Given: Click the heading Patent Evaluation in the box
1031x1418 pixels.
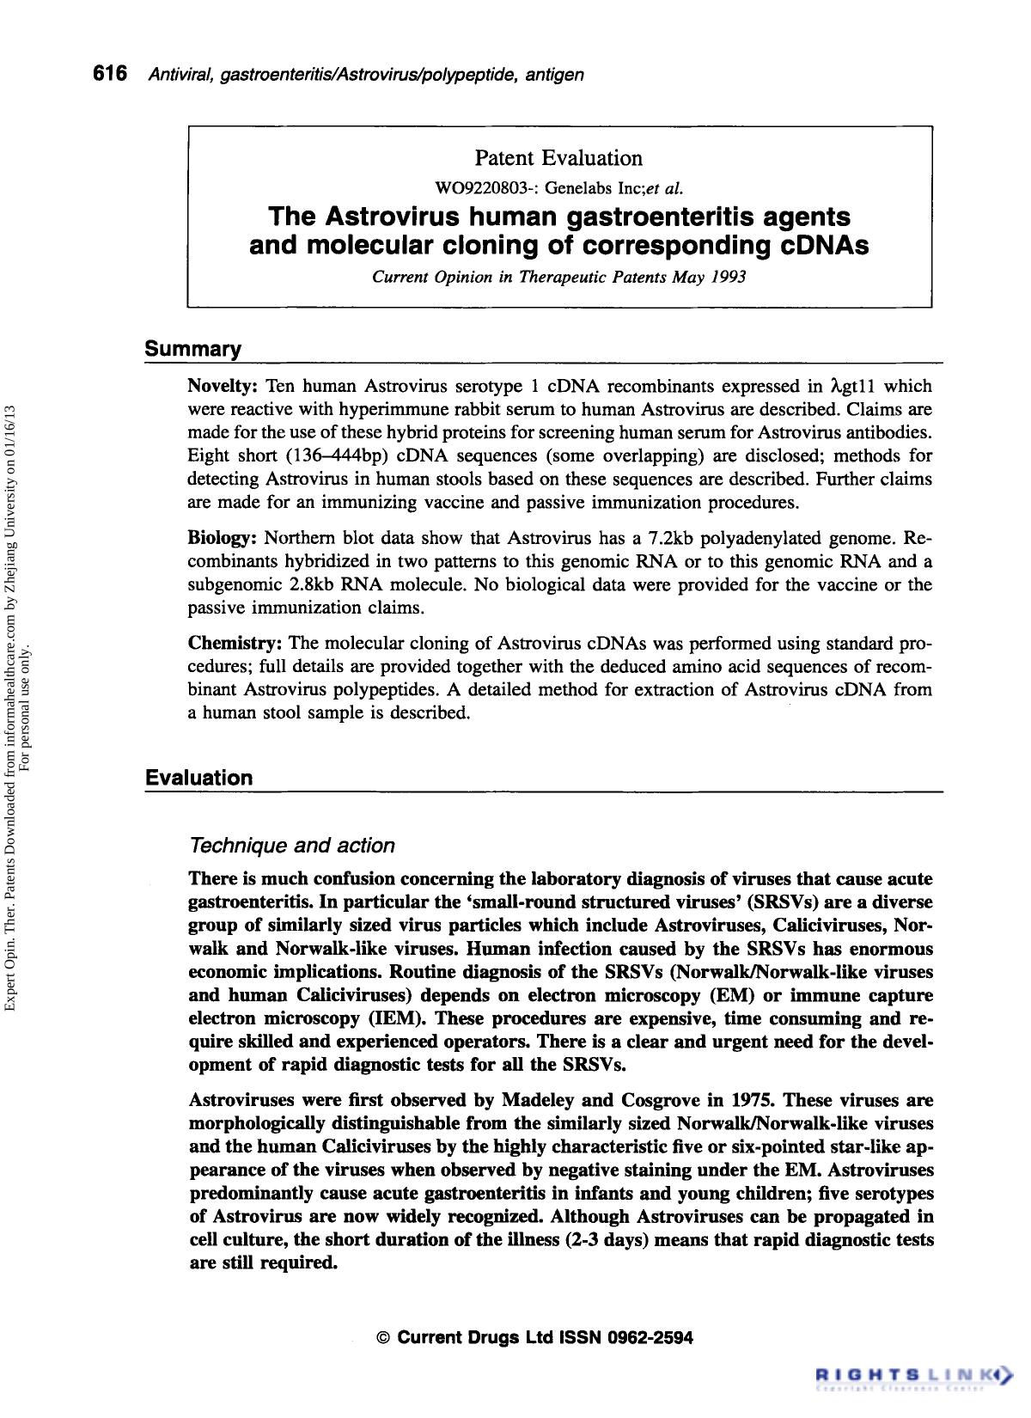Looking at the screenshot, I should pos(558,158).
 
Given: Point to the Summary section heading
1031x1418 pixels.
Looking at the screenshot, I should pos(193,349).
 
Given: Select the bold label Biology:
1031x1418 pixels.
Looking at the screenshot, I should pos(223,539).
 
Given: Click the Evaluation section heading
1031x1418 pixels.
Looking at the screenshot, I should pos(199,778).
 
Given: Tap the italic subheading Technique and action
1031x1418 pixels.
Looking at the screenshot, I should pos(291,846).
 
